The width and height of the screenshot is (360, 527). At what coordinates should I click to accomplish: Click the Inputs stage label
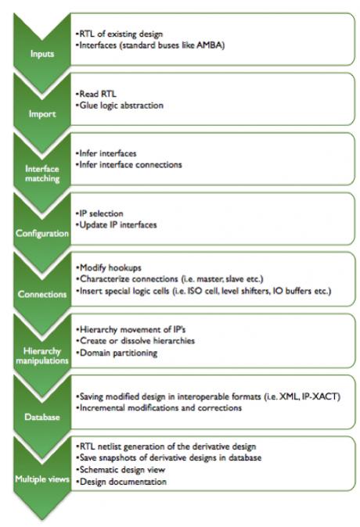pyautogui.click(x=42, y=54)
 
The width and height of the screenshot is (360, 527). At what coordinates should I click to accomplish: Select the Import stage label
pyautogui.click(x=42, y=114)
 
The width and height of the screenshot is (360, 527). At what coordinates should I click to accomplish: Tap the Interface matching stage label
pyautogui.click(x=42, y=174)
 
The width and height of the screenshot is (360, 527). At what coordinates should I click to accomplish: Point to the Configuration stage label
pyautogui.click(x=42, y=233)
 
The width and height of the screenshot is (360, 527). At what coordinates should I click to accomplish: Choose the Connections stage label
pyautogui.click(x=42, y=294)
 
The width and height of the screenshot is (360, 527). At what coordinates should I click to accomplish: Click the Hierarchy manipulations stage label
pyautogui.click(x=42, y=356)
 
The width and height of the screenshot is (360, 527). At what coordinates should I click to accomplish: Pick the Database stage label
pyautogui.click(x=42, y=417)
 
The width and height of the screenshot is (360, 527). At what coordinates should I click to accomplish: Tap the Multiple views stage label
pyautogui.click(x=42, y=479)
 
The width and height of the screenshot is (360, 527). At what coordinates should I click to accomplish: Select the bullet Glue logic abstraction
pyautogui.click(x=120, y=106)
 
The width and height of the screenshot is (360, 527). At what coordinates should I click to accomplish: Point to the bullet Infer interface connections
pyautogui.click(x=129, y=165)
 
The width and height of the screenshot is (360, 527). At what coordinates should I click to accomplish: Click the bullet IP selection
pyautogui.click(x=99, y=213)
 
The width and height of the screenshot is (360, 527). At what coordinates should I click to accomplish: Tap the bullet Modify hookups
pyautogui.click(x=109, y=268)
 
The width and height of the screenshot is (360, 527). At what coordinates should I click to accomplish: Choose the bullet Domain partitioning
pyautogui.click(x=117, y=353)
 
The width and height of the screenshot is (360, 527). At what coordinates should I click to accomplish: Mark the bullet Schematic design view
pyautogui.click(x=121, y=469)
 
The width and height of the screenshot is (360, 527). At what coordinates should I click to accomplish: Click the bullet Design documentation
pyautogui.click(x=122, y=482)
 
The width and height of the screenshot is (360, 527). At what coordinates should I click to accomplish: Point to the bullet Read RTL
pyautogui.click(x=96, y=94)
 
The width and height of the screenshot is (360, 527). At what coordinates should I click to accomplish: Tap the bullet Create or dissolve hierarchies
pyautogui.click(x=136, y=341)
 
